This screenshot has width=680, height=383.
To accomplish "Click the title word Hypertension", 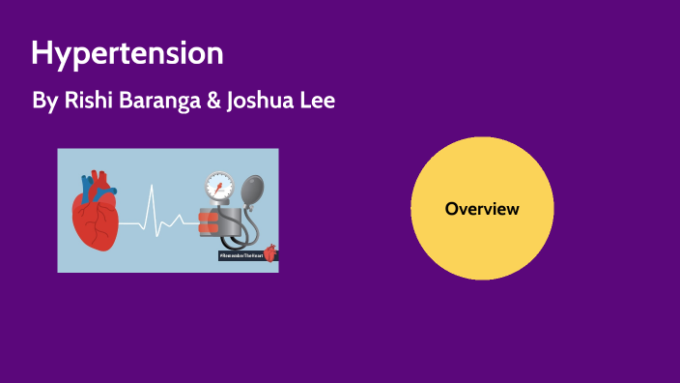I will click(127, 53).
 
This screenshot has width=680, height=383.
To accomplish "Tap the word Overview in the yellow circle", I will click(482, 208).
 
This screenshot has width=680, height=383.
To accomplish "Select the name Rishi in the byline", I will click(82, 100).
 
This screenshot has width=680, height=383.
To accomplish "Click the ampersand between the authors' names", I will click(212, 100).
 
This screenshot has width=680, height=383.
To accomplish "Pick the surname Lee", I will click(318, 100).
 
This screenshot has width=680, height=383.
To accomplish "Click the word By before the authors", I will click(43, 101).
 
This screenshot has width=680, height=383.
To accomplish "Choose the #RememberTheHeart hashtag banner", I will click(241, 255).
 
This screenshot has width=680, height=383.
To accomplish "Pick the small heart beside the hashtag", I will click(269, 252).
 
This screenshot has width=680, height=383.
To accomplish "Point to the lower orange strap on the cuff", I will click(211, 230).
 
